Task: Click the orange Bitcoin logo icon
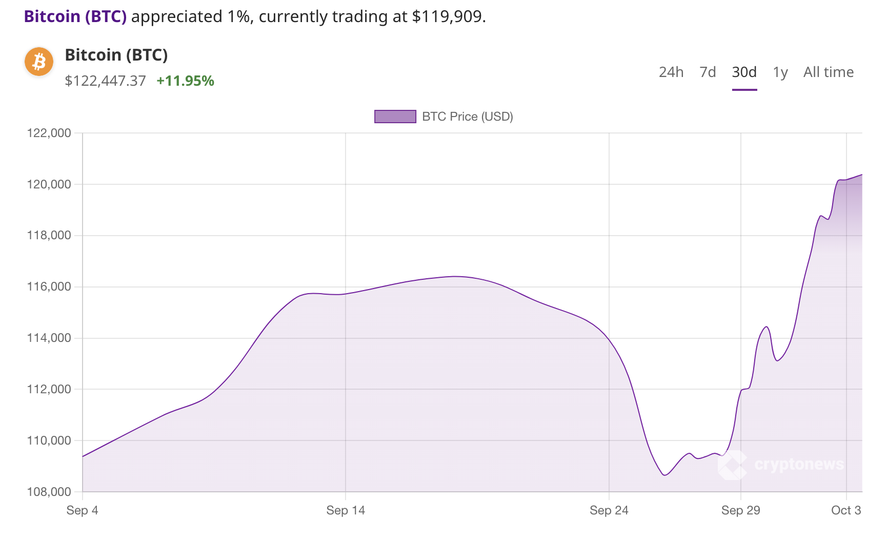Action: click(x=39, y=62)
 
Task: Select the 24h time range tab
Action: click(x=671, y=72)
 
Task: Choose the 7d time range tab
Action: click(x=708, y=72)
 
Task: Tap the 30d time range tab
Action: click(x=744, y=72)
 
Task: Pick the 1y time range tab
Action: click(x=780, y=72)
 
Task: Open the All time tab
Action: click(x=828, y=72)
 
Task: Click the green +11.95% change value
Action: click(x=185, y=81)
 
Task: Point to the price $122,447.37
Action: click(x=105, y=81)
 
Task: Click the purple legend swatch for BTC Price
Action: click(x=395, y=117)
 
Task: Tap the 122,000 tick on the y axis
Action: click(x=49, y=133)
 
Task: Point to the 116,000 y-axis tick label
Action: click(x=49, y=287)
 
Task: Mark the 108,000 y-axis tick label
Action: click(x=49, y=492)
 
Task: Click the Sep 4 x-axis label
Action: click(x=82, y=510)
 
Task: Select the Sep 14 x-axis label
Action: click(x=346, y=510)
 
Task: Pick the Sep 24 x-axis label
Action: click(x=609, y=510)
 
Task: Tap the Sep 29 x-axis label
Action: click(x=740, y=510)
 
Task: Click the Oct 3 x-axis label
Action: click(x=846, y=510)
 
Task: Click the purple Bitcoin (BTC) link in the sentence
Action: click(x=75, y=16)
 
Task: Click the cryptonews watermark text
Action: click(x=799, y=465)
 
